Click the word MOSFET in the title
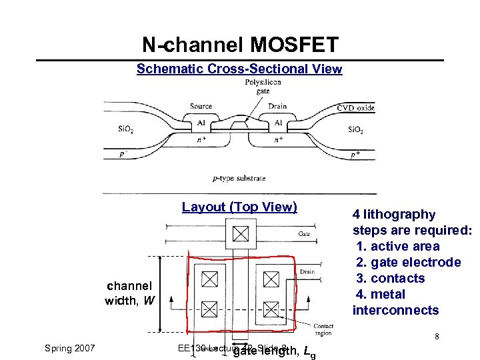coord(295,45)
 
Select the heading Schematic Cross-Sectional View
coord(239,69)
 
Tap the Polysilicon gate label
coord(263,87)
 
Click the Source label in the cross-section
coord(201,106)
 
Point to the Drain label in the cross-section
coord(277,106)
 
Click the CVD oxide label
coord(356,108)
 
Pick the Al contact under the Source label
coord(201,123)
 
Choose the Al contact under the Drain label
coord(278,123)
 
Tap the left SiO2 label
coord(125,129)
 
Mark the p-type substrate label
coord(239,178)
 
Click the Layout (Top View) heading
coord(239,207)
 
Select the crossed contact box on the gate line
coord(240,234)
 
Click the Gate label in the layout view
coord(304,234)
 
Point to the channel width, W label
coord(129,293)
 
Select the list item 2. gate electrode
coord(408,262)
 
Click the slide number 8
coord(437,337)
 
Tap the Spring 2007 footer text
coord(69,348)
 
